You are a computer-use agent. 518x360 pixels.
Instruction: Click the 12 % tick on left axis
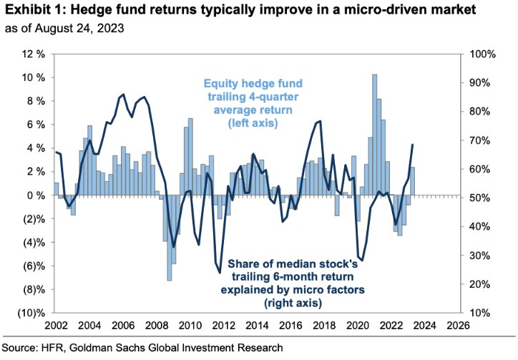tap(31, 54)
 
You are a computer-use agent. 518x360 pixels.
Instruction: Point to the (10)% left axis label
tap(30, 313)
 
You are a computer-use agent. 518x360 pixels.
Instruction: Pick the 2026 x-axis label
tap(459, 326)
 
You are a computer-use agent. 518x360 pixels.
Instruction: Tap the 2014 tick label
tap(257, 326)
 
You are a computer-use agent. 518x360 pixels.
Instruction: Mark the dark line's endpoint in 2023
tap(413, 145)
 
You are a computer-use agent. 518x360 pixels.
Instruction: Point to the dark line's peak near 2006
tap(123, 94)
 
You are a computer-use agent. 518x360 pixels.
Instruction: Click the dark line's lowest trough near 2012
tap(220, 273)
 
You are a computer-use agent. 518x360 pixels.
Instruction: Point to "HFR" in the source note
tap(55, 347)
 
